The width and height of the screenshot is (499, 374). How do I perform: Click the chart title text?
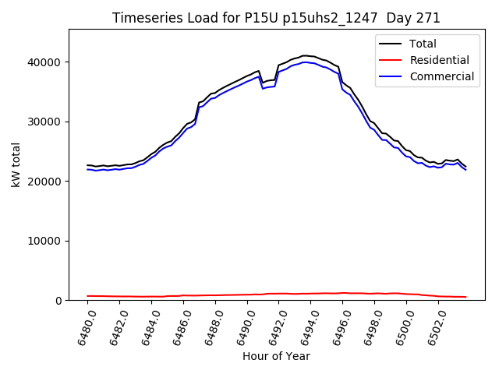[276, 18]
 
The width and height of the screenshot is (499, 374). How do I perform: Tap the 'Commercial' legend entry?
[443, 76]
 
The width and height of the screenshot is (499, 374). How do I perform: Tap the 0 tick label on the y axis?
[58, 301]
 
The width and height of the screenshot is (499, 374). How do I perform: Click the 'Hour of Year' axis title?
[276, 356]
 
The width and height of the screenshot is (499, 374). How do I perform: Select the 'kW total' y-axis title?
[16, 164]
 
